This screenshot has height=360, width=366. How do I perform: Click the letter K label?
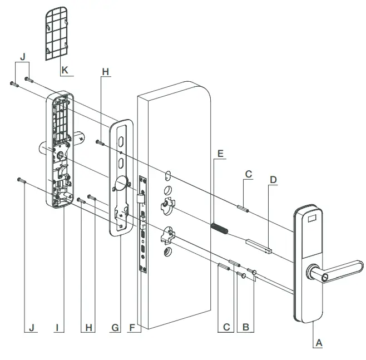point(65,71)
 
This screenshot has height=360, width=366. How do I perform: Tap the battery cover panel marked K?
point(55,33)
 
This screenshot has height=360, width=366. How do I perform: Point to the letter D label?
point(273,180)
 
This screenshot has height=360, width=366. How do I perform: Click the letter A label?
point(319,343)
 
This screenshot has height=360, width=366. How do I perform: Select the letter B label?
point(245,327)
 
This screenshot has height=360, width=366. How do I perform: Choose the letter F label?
point(132,327)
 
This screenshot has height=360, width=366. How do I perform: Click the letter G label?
point(115,327)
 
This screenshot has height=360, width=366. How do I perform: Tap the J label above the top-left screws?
point(22,58)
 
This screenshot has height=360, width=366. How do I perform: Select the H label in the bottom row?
point(87,327)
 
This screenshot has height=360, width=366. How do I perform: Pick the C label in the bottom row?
point(226,327)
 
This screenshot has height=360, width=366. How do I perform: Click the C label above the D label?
point(248,174)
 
